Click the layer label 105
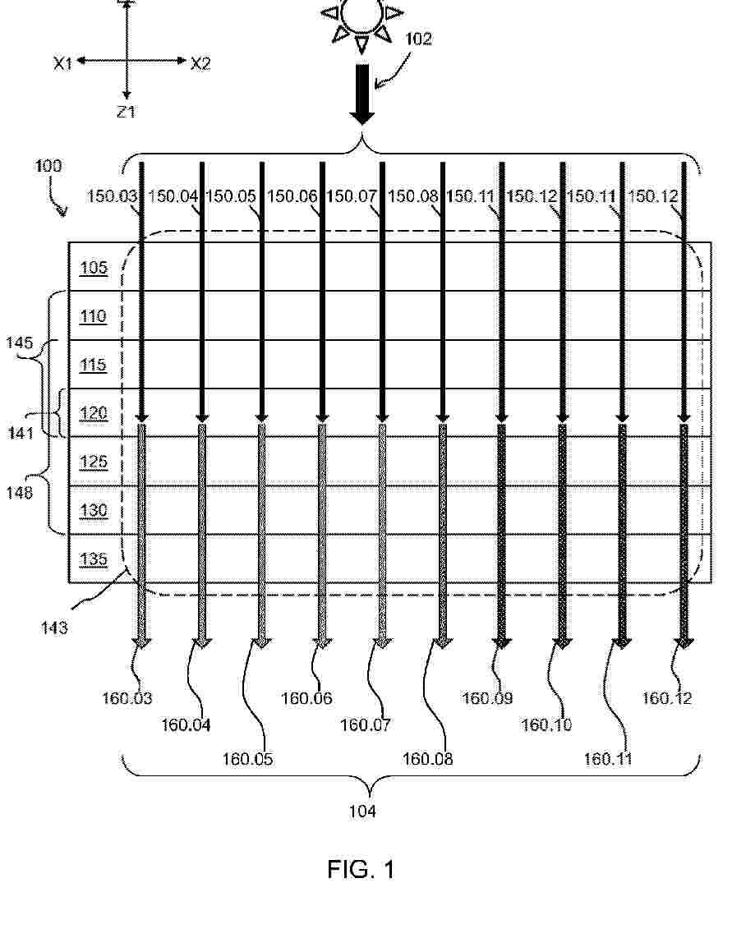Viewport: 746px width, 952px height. coord(94,268)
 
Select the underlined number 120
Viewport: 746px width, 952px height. coord(94,413)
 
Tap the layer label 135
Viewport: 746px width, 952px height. coord(94,559)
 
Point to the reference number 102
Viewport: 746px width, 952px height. coord(418,39)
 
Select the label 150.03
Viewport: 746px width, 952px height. coord(113,196)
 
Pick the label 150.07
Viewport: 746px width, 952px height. coord(352,196)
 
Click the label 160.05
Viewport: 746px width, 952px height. coord(248,759)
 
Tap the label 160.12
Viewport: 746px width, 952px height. coord(667,698)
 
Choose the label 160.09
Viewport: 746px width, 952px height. coord(487,698)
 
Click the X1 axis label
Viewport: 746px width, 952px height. coord(63,63)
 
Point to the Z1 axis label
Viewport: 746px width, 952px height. coord(126,113)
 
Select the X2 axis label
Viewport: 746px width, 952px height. coord(200,63)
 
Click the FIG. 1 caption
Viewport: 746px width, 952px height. coord(361,869)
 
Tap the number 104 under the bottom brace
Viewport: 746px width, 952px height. coord(362,812)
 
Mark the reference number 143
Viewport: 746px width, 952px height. coord(54,628)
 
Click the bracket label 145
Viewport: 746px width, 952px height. coord(20,343)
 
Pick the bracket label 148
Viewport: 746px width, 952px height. coord(20,492)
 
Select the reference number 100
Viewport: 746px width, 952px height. coord(48,167)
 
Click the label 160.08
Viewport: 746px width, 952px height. coord(428,759)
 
